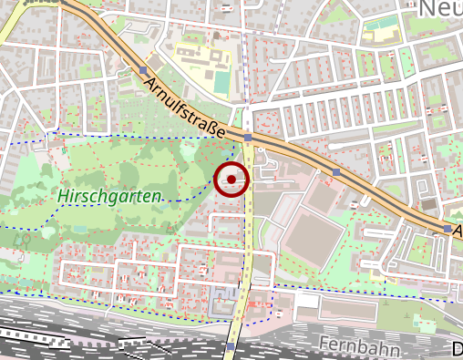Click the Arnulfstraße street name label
tap(185, 108)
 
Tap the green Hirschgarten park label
tap(108, 195)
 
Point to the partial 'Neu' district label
tap(440, 9)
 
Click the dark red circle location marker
tap(231, 180)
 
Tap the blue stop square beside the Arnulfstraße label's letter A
tap(143, 70)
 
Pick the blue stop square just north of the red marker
tap(248, 138)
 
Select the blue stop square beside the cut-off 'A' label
tap(447, 229)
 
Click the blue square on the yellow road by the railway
tap(231, 346)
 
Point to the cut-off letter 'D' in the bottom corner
tap(457, 348)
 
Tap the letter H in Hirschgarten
tap(62, 197)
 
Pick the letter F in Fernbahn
tap(325, 344)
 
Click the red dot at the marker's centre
tap(231, 180)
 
